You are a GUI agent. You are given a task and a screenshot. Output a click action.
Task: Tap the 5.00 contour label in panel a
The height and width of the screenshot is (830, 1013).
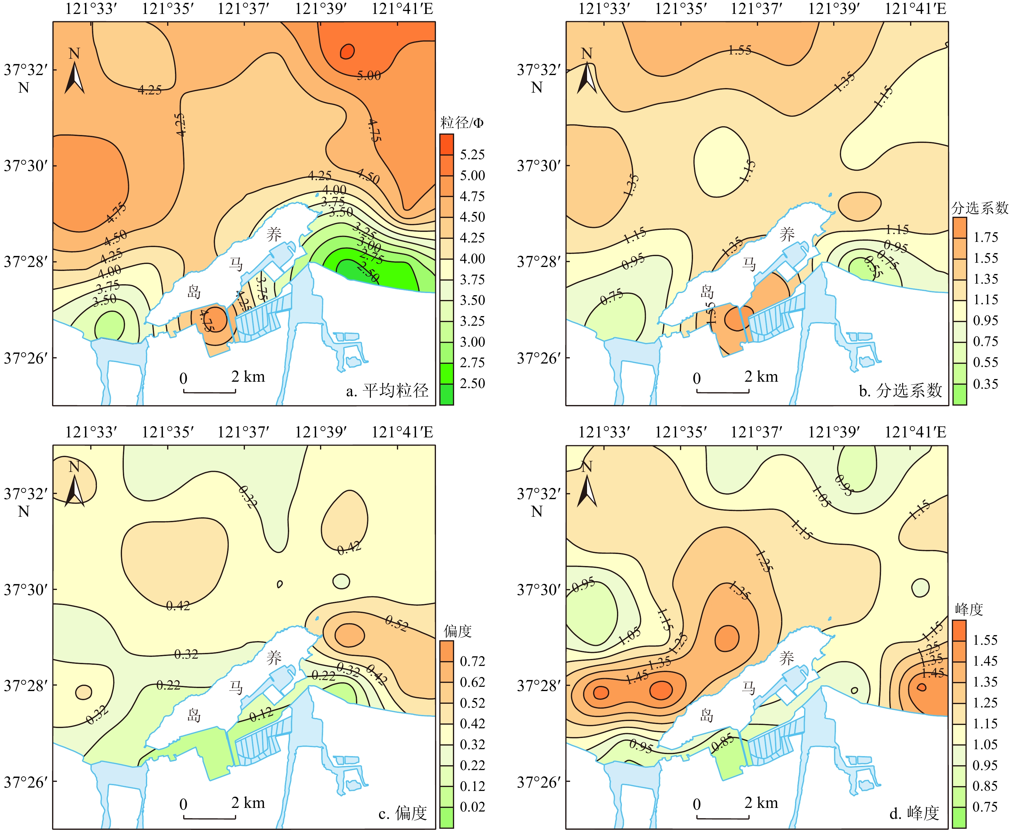(x=368, y=76)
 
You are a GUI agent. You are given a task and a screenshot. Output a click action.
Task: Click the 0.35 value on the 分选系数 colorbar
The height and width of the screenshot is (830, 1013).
(x=985, y=384)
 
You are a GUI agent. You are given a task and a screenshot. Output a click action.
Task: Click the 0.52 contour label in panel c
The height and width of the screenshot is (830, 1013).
(x=396, y=624)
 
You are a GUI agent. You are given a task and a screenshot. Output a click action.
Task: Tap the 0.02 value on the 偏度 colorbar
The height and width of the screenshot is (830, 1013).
(x=472, y=807)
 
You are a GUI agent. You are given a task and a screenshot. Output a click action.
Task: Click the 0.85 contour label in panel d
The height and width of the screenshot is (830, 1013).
(x=722, y=744)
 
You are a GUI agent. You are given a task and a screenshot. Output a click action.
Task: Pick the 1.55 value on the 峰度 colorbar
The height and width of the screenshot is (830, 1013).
(x=985, y=640)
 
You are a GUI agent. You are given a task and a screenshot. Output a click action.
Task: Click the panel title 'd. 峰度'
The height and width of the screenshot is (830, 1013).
(x=914, y=813)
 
